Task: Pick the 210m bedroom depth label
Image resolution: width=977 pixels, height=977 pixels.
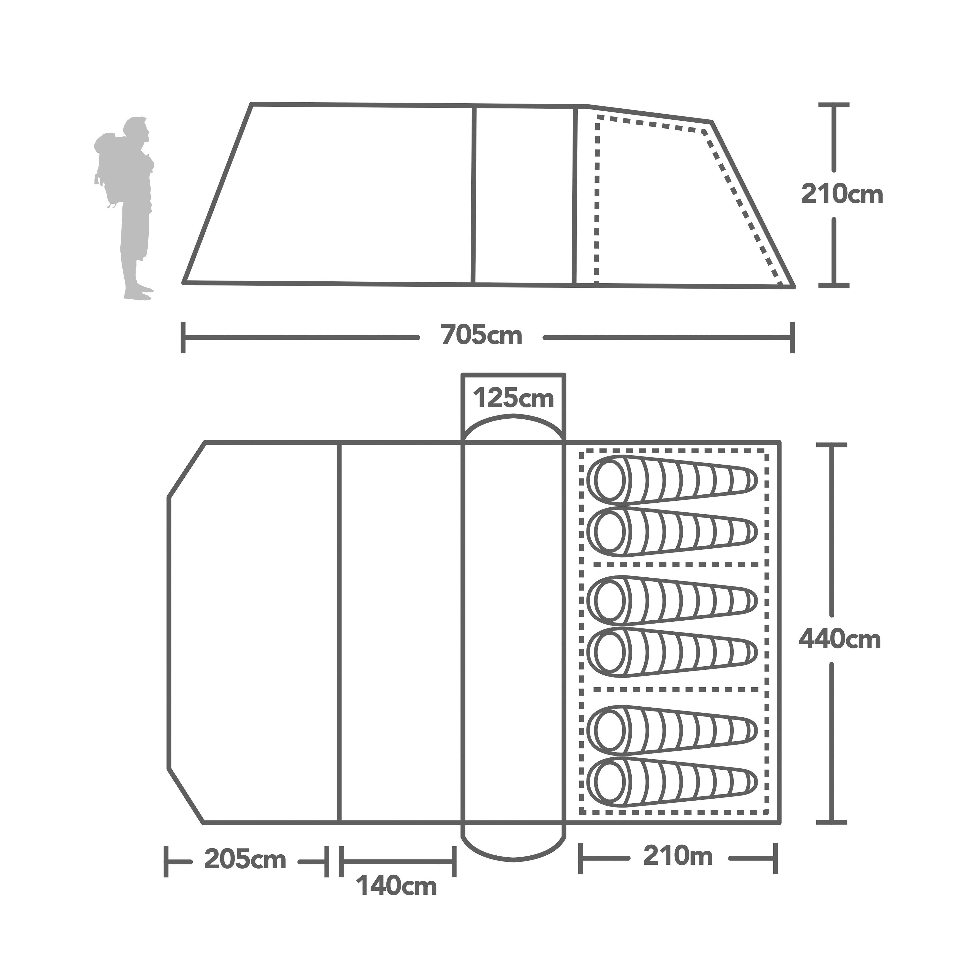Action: tap(678, 856)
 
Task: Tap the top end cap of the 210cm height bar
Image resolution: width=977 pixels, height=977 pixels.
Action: tap(833, 105)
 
